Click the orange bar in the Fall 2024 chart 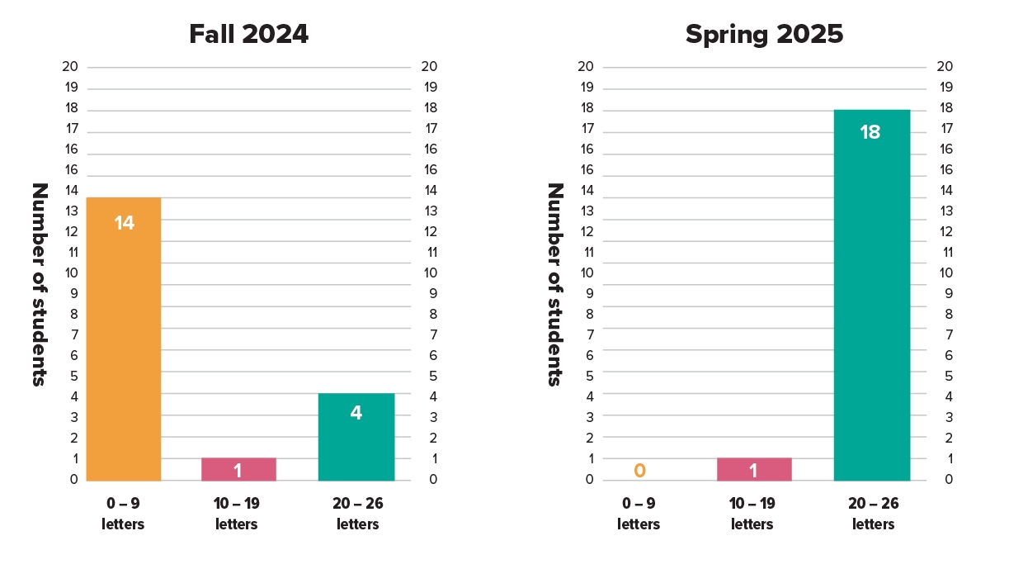coord(124,339)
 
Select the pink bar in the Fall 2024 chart coord(238,469)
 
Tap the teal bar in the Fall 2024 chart coord(356,437)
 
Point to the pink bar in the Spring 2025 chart coord(754,469)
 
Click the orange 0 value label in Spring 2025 coord(639,471)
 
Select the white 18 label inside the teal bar coord(870,132)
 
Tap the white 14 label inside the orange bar coord(124,223)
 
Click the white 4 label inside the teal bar coord(356,413)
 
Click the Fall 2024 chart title coord(248,35)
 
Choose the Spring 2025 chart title coord(764,35)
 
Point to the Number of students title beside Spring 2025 coord(555,284)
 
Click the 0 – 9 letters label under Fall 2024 coord(123,514)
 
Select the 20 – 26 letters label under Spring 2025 coord(873,514)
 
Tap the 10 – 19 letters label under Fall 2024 coord(237,514)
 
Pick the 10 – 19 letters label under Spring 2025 coord(752,514)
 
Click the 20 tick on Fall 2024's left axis coord(70,67)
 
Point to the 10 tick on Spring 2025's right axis coord(945,273)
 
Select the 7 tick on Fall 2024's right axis coord(430,335)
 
